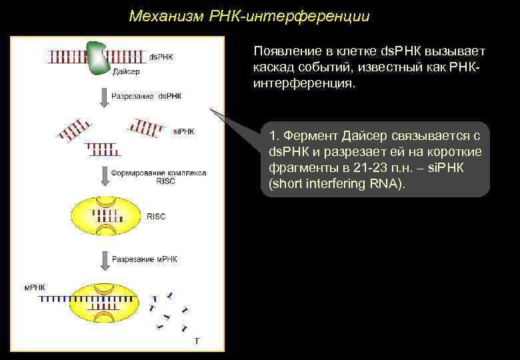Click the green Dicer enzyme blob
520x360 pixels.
point(98,55)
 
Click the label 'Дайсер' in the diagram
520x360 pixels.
point(126,71)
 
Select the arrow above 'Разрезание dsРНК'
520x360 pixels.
point(102,97)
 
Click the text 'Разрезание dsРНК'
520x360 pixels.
point(146,96)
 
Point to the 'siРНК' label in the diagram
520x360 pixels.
point(184,131)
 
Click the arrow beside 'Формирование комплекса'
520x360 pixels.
point(102,177)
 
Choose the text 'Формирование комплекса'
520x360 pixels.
point(159,173)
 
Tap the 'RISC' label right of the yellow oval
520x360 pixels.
point(155,217)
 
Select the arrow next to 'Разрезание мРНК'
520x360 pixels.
point(102,259)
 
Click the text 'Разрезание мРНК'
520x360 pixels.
point(145,258)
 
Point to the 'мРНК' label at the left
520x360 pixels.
point(33,287)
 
